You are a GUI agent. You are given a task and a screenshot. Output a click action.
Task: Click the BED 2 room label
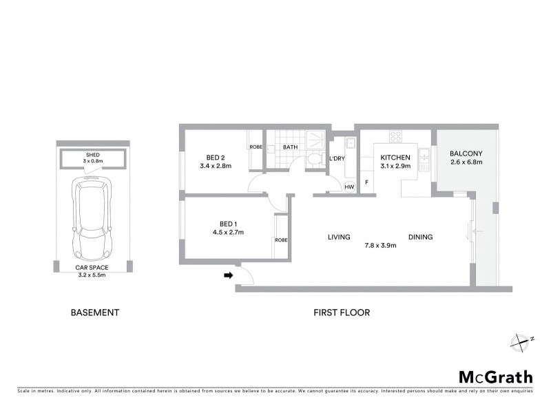pos(208,156)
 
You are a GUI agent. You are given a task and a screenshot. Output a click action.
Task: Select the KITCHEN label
pos(395,158)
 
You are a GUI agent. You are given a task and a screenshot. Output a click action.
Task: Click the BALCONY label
pos(466,153)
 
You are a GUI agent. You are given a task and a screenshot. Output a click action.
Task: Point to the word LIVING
pos(340,237)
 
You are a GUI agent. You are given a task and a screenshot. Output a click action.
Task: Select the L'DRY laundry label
pos(337,159)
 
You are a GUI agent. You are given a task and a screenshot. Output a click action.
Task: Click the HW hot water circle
pos(349,187)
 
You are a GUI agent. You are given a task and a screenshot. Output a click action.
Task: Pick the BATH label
pos(290,147)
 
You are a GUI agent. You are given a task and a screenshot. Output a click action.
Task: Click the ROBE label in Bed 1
pos(280,240)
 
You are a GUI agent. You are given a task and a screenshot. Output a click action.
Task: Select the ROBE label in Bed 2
pos(255,147)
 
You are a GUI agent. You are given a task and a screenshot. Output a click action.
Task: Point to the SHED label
pos(92,155)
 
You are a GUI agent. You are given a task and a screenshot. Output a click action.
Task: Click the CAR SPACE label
pos(92,266)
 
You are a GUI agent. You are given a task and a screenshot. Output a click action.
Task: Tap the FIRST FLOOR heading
pos(342,313)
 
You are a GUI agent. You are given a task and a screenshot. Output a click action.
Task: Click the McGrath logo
pos(495,377)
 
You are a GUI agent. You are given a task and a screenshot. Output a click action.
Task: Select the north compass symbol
pos(520,340)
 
